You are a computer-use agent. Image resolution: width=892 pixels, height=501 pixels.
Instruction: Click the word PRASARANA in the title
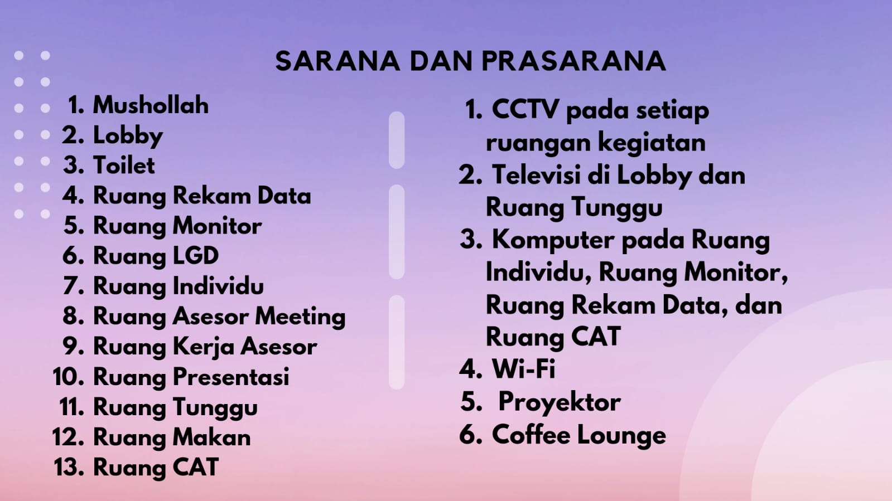coord(574,61)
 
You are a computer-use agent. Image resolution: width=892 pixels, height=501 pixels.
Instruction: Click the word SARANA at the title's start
coord(337,61)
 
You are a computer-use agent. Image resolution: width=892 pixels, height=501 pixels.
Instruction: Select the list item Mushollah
coord(151,105)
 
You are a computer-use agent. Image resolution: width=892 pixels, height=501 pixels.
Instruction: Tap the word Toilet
coord(124,165)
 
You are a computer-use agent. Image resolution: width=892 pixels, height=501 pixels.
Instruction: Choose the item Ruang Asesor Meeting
coord(219,317)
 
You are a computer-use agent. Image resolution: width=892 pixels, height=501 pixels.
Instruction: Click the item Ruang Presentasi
coord(191,377)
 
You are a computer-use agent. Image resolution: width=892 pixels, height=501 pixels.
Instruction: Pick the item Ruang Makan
coord(172,437)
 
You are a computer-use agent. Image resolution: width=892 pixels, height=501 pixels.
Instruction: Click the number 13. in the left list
coord(69,467)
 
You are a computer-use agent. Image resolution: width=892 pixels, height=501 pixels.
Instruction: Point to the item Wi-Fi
coord(524,368)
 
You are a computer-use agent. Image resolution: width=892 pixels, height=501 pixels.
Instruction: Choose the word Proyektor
coord(560,402)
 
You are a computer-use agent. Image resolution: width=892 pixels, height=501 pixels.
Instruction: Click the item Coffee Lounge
coord(579,435)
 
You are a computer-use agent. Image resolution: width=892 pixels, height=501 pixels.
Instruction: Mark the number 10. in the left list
coord(68,377)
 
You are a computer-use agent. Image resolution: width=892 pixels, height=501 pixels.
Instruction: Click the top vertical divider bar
coord(397,140)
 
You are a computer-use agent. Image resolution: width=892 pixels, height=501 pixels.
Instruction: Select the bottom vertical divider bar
coord(397,342)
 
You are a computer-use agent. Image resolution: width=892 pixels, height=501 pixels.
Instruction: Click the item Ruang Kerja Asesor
coord(205,347)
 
